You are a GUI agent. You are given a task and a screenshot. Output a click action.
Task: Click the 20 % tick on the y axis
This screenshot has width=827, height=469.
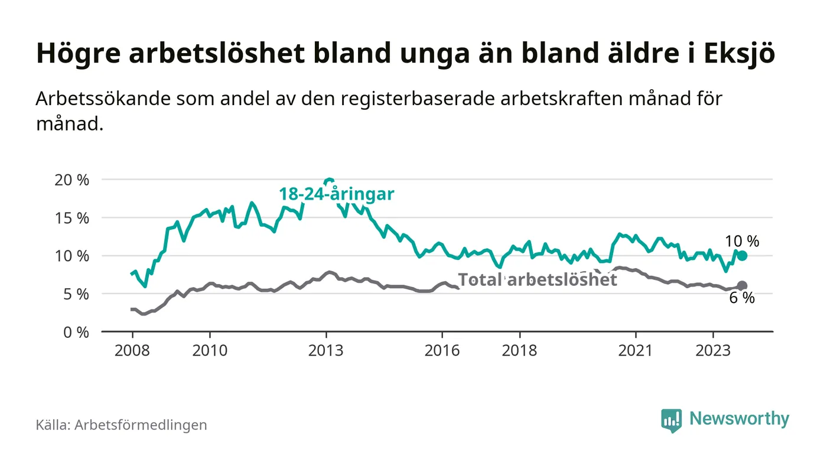[x=71, y=180]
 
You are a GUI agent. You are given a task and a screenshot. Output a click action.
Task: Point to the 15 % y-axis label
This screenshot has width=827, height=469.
[x=71, y=218]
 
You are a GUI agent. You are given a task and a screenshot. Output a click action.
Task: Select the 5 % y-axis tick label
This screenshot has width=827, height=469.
[x=75, y=294]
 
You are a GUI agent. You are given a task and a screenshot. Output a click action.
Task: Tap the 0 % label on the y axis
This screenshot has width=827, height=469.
[x=75, y=333]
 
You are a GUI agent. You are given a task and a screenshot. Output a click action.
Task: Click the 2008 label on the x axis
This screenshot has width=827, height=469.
[x=131, y=350]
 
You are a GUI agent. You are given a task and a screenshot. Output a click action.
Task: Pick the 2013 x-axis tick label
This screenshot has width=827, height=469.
[x=326, y=350]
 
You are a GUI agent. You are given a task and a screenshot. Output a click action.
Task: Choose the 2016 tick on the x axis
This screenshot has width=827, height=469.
[x=442, y=350]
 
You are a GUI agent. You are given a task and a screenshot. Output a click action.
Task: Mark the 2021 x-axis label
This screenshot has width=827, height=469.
[x=636, y=350]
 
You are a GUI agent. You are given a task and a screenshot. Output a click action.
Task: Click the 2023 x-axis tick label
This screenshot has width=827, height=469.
[x=713, y=350]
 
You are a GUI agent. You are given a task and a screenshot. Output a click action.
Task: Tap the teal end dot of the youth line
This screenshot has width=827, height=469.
[x=742, y=256]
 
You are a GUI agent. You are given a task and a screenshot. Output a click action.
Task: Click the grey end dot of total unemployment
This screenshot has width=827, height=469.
[x=742, y=286]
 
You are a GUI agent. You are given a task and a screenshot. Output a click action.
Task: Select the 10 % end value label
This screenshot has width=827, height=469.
[x=742, y=241]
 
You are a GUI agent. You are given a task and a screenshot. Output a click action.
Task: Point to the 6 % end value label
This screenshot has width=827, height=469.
[x=742, y=299]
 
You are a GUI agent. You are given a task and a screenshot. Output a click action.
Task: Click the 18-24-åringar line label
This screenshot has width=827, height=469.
[x=337, y=194]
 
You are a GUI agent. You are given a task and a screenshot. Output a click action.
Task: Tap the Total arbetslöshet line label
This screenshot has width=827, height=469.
[x=538, y=279]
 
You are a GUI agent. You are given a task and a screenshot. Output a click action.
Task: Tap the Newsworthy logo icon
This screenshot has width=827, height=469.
[x=671, y=420]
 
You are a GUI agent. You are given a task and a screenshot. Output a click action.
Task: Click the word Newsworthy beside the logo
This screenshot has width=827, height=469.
[x=739, y=419]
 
